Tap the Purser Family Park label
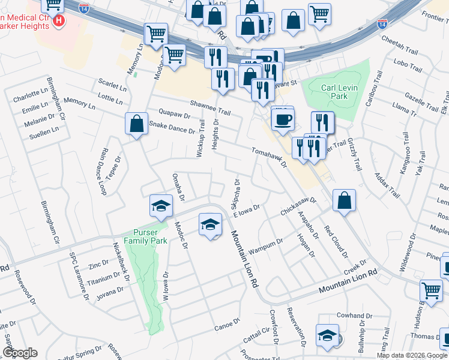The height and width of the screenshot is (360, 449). pos(145,236)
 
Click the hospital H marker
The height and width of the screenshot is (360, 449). pos(59,22)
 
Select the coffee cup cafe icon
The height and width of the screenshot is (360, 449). pos(282,119)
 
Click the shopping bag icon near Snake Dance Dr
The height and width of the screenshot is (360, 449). pos(137,124)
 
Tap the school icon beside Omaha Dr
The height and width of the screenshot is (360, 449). pos(161,206)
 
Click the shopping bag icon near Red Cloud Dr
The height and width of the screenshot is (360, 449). pos(344,201)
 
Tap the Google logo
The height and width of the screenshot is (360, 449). pos(20,353)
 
